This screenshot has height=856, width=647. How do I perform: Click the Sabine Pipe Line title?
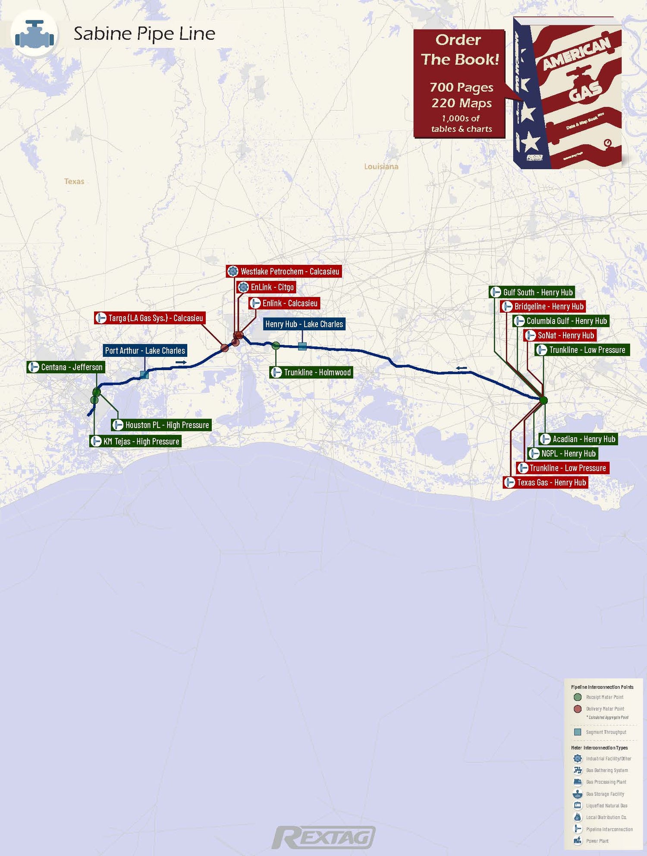tap(144, 34)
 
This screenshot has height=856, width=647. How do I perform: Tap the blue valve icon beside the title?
tap(35, 34)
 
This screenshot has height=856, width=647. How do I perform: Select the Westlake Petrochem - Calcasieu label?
tap(284, 271)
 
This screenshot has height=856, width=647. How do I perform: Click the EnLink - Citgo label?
tap(266, 287)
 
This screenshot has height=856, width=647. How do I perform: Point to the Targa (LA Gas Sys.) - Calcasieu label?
tap(150, 318)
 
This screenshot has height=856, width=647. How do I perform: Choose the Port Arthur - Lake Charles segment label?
tap(145, 350)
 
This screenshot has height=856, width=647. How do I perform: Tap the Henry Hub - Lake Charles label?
tap(304, 324)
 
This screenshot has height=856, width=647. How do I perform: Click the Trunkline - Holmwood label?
tap(311, 372)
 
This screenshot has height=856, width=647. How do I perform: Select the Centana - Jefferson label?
tap(66, 367)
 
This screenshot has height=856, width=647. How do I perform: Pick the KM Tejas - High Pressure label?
tap(135, 441)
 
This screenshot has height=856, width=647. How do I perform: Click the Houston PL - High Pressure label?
tap(161, 425)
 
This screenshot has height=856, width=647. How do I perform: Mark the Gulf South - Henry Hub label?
tap(532, 293)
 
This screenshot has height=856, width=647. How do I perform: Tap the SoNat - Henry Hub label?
tap(560, 336)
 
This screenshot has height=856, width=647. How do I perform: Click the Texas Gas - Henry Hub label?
tap(546, 482)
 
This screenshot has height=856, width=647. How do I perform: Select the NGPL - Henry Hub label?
tap(563, 453)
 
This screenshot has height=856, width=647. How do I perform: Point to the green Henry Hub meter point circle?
tap(543, 400)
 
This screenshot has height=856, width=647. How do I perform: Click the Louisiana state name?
tap(381, 167)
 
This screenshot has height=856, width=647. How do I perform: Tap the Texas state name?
tap(74, 182)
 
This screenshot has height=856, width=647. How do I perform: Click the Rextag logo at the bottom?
tap(323, 837)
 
